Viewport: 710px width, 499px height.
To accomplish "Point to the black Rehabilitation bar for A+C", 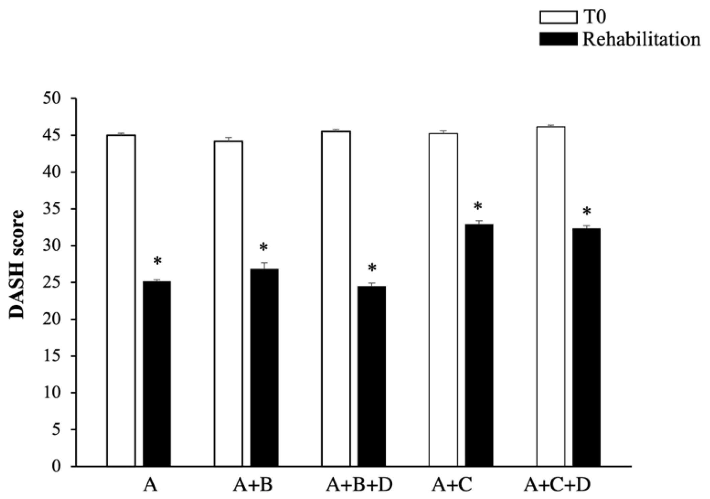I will click(479, 345).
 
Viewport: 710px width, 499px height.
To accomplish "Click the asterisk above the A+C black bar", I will click(478, 206).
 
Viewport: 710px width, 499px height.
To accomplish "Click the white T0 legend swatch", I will click(558, 17).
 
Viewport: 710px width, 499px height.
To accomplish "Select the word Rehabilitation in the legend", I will click(641, 40).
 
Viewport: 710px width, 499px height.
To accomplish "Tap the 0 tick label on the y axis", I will click(57, 466).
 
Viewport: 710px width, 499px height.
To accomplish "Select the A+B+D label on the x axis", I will click(359, 485).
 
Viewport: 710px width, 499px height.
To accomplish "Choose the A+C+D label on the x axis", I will click(557, 485).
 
